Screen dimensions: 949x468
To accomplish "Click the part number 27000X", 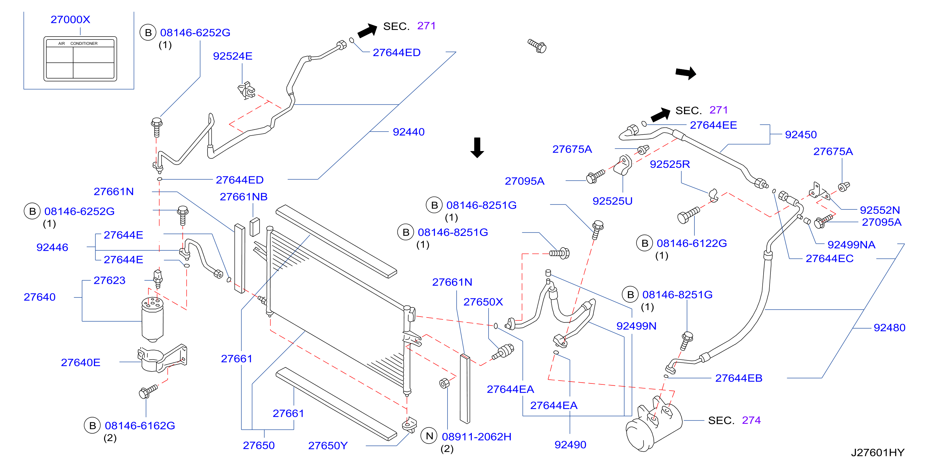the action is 70,20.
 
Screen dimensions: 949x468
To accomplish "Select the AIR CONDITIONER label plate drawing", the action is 80,59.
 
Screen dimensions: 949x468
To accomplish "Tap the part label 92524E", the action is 232,56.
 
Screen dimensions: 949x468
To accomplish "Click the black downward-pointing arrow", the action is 477,147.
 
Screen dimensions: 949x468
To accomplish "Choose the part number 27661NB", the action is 243,197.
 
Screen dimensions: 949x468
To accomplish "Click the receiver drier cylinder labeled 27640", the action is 153,319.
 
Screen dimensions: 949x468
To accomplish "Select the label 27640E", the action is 81,363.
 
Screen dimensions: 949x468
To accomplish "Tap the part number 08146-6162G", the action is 140,426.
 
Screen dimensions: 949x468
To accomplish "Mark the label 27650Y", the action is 328,446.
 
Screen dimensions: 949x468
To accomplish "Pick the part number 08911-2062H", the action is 477,437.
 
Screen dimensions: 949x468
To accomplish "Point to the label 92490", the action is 570,445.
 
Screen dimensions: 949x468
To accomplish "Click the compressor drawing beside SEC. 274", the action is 654,424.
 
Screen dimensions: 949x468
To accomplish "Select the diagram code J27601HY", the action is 877,453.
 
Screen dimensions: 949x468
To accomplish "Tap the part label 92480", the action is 889,328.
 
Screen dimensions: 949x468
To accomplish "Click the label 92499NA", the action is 851,245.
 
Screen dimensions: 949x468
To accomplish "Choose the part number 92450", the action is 801,135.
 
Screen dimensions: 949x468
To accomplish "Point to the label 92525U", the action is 612,201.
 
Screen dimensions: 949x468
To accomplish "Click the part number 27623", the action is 109,280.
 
